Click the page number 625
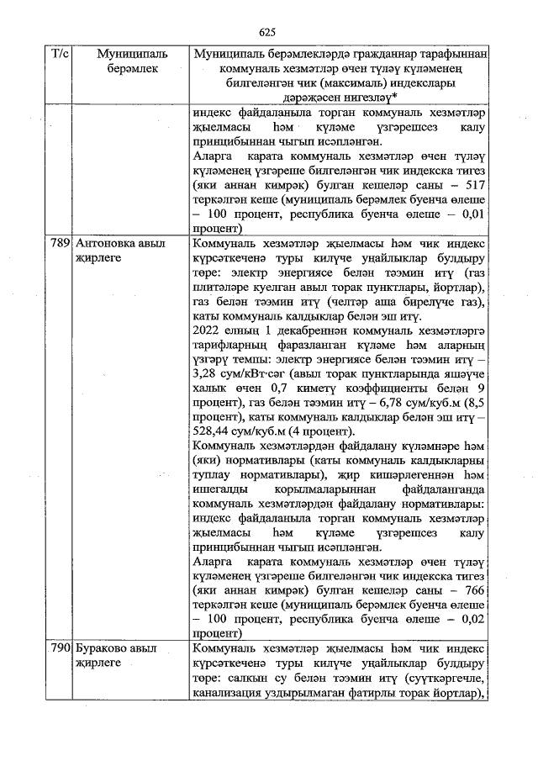[268, 32]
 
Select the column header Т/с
[60, 54]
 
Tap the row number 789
[60, 244]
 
